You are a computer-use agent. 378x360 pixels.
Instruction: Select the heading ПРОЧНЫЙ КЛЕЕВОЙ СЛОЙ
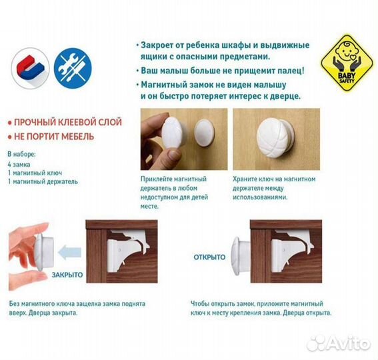pyautogui.click(x=63, y=123)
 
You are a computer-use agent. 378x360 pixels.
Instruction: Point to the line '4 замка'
pyautogui.click(x=20, y=163)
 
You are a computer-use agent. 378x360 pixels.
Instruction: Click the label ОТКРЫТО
pyautogui.click(x=209, y=257)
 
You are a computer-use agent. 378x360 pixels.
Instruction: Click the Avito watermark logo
pyautogui.click(x=340, y=343)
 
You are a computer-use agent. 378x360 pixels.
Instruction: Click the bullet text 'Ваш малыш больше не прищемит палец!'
pyautogui.click(x=223, y=69)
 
